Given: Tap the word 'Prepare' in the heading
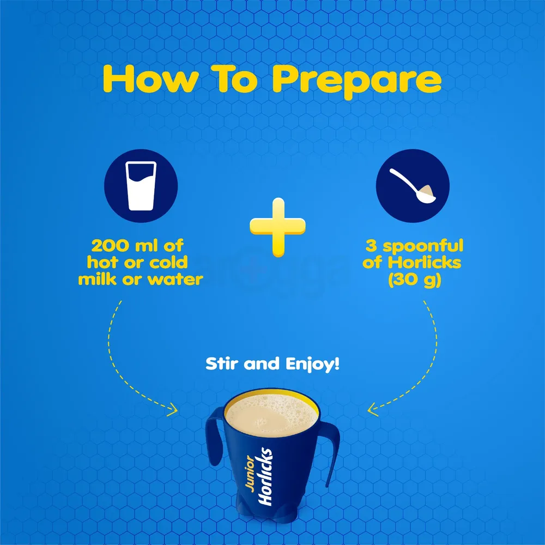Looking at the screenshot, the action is (356, 82).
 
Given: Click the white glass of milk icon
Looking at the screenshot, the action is (141, 186).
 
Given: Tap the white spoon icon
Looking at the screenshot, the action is (412, 185).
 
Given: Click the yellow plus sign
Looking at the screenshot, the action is (278, 227).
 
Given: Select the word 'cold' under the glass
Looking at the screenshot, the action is (168, 263).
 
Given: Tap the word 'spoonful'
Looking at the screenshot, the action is (423, 247).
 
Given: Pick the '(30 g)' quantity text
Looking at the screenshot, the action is (415, 280).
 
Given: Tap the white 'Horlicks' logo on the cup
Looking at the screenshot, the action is (265, 476).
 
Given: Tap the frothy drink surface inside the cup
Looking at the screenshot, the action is (271, 414).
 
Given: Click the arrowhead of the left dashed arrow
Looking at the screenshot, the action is (173, 410).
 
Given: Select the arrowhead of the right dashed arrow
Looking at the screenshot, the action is (373, 409).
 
